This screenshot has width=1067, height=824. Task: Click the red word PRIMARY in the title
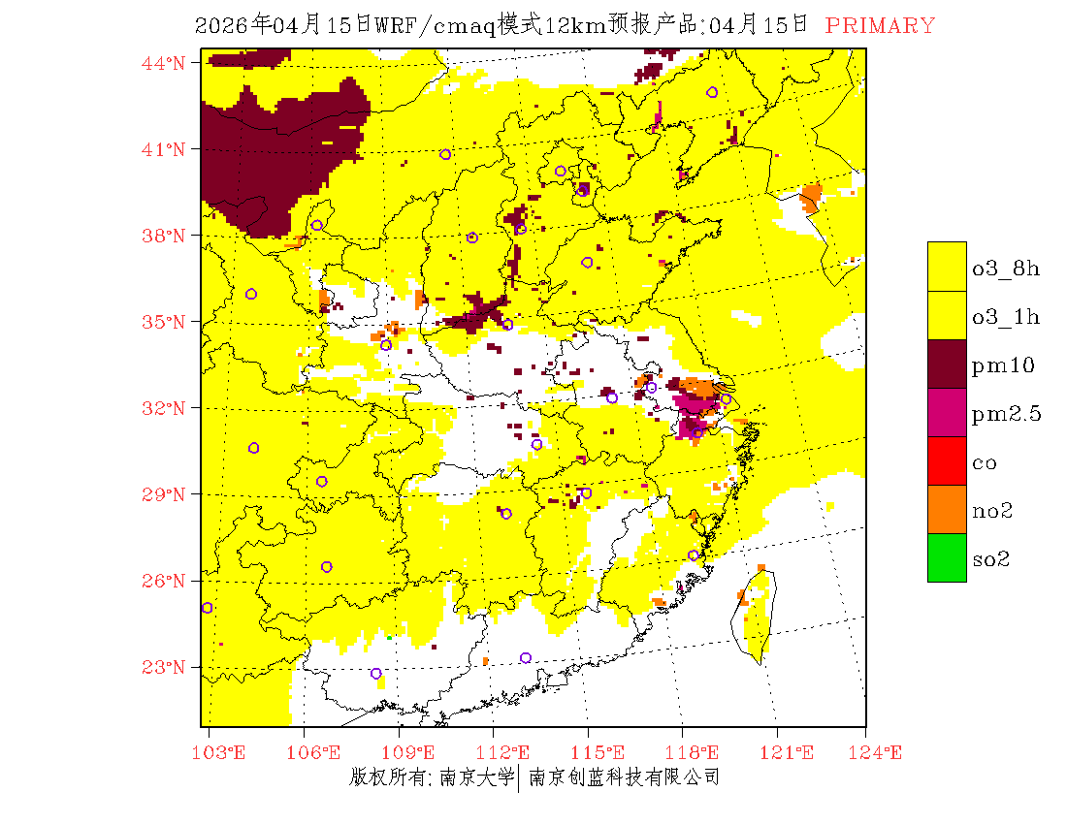click(880, 26)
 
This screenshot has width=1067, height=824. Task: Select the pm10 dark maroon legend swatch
click(947, 364)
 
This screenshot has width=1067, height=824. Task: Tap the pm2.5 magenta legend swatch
click(947, 412)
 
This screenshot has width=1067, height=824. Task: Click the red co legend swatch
click(947, 460)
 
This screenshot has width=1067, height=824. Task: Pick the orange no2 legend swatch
click(947, 509)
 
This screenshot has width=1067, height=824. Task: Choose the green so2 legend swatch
click(947, 557)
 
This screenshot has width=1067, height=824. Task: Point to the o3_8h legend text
click(1006, 269)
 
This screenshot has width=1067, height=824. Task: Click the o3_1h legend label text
click(1006, 317)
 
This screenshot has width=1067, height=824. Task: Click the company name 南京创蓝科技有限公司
click(624, 776)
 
